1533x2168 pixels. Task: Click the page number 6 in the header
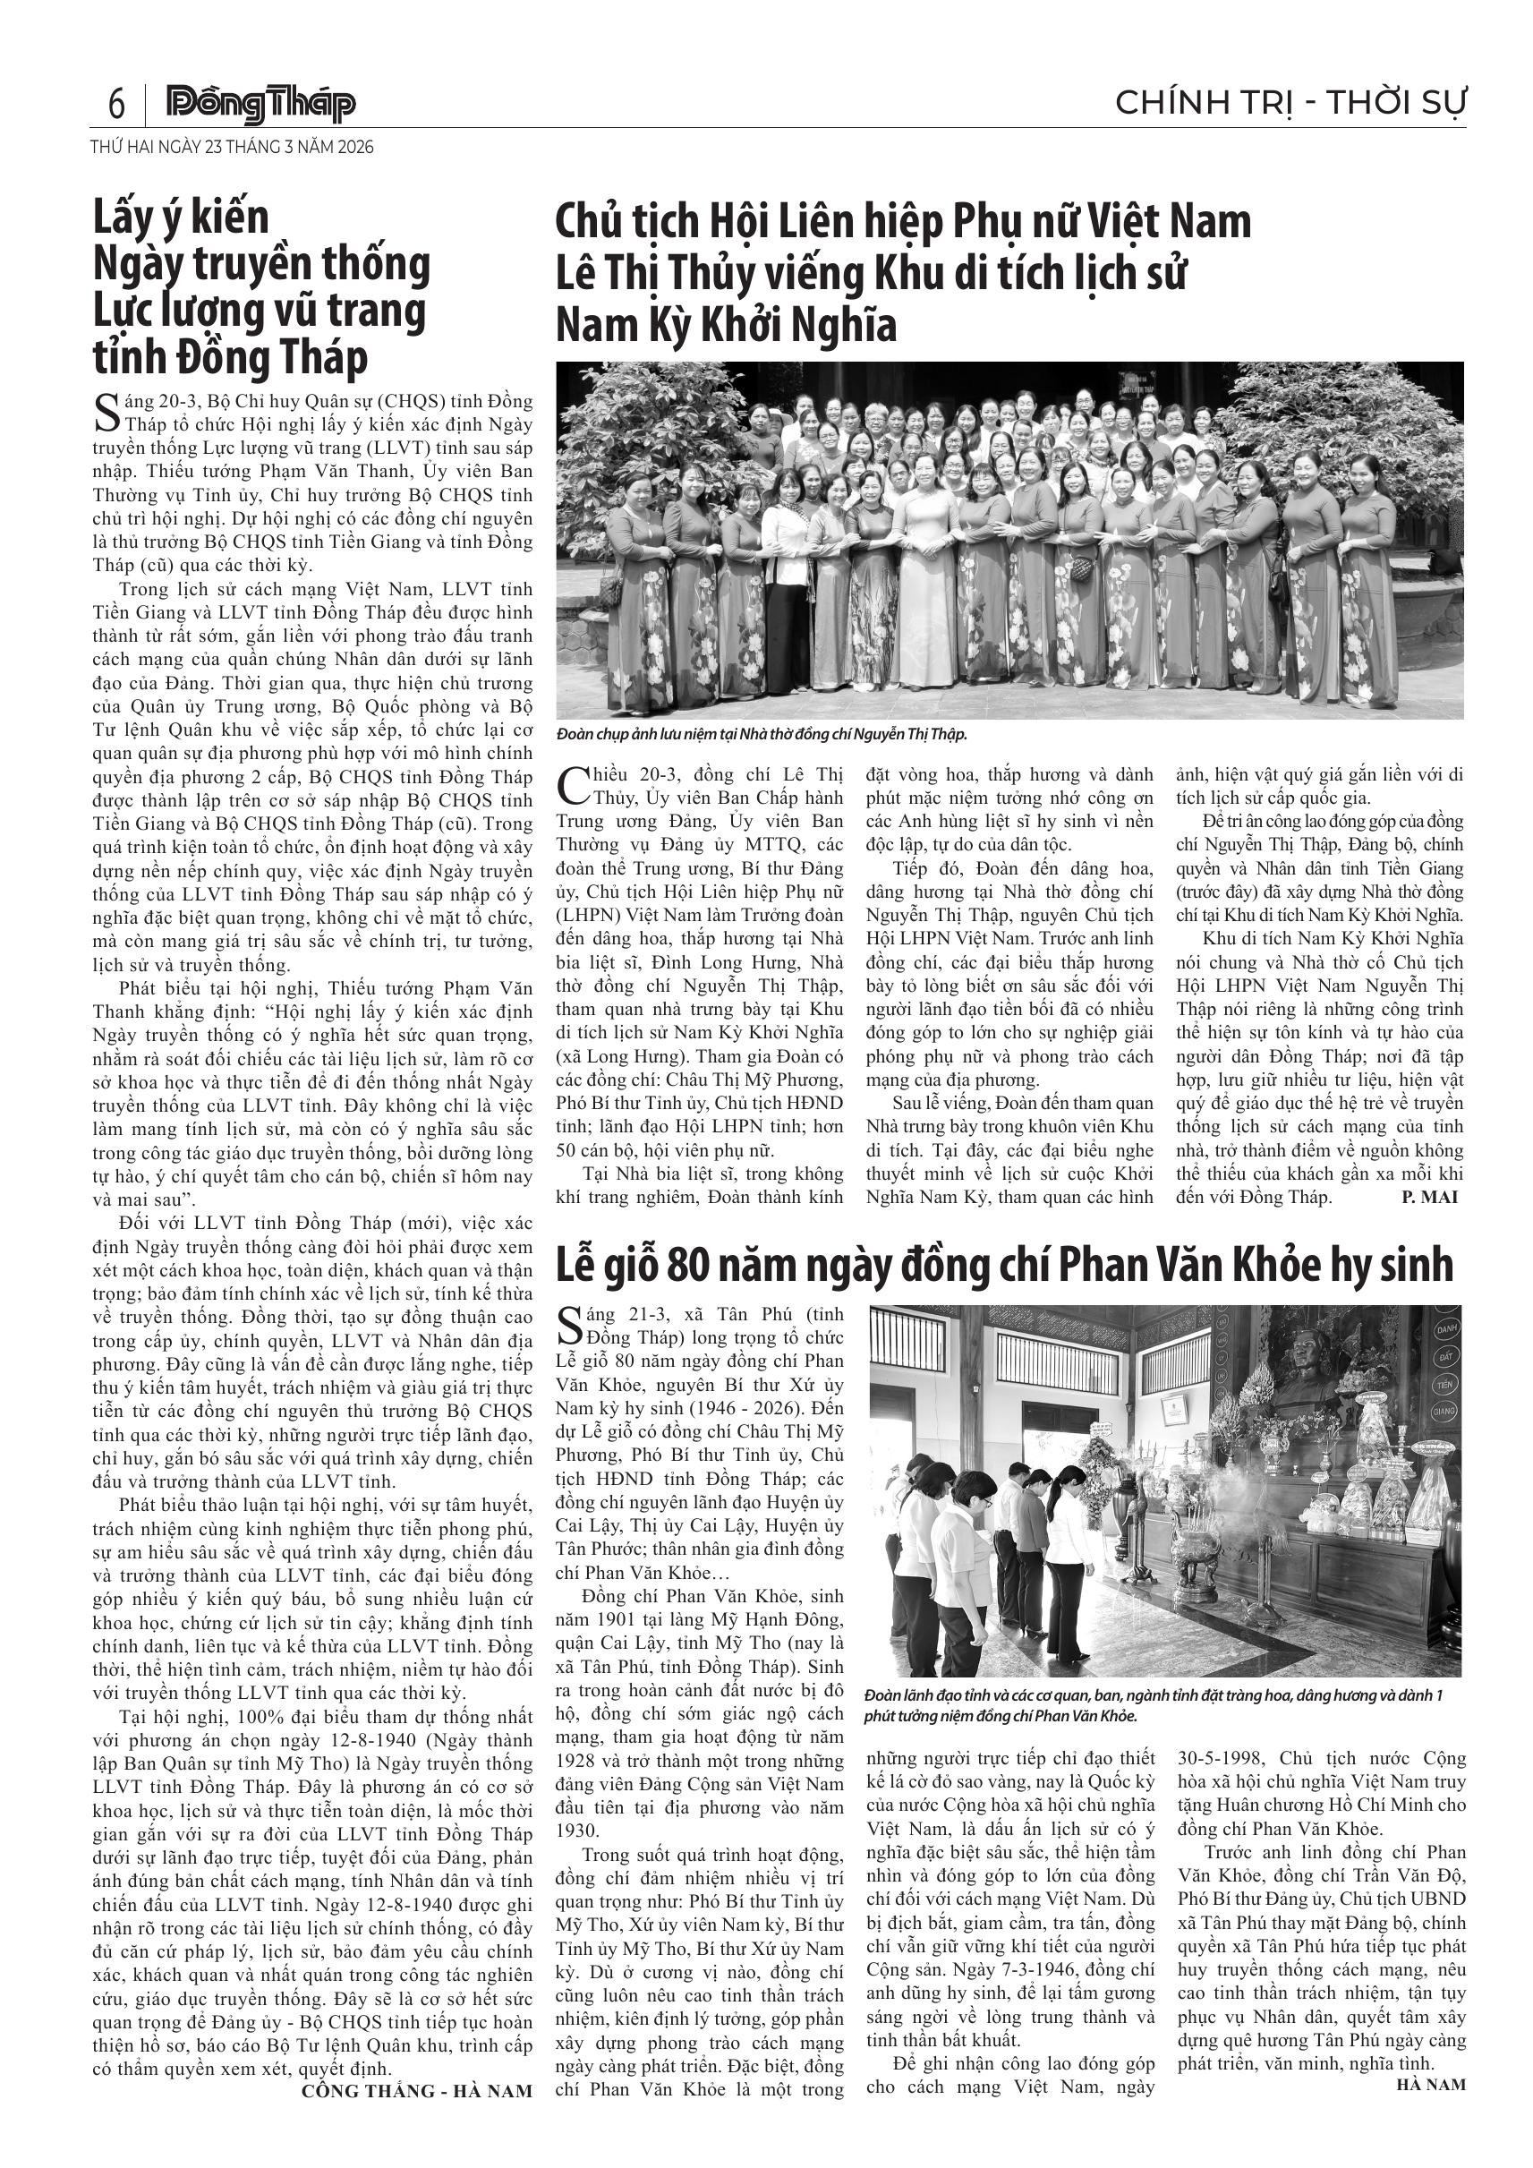point(117,103)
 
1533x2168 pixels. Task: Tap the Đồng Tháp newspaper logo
point(260,104)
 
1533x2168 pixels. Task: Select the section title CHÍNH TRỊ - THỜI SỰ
point(1290,102)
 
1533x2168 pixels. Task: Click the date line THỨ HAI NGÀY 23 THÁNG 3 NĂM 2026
point(232,148)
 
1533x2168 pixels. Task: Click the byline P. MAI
point(1429,1198)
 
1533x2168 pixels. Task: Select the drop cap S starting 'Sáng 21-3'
point(569,1325)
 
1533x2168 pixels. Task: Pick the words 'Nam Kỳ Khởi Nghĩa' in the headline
point(726,325)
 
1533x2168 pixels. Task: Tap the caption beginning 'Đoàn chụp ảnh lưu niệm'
point(762,734)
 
